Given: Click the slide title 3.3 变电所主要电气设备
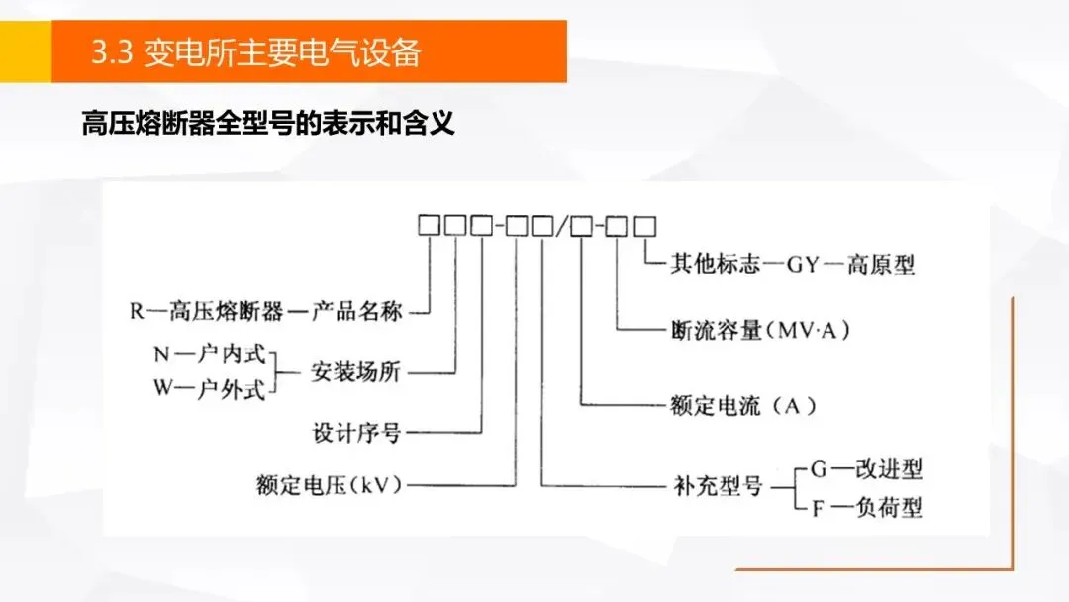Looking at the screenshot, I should (x=255, y=51).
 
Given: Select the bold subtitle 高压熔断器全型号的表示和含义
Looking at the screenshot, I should (x=267, y=125).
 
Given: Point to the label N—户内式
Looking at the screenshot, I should (x=209, y=355).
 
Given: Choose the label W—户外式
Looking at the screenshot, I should (x=209, y=388).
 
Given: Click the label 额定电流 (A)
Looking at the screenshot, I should (x=742, y=404).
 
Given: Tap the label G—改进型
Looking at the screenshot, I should (x=866, y=468).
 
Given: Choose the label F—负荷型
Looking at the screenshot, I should (x=866, y=508).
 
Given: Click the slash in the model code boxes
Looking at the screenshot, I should (x=562, y=227).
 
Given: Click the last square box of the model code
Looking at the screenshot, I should (x=644, y=226).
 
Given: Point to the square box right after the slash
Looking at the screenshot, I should (x=582, y=226).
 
